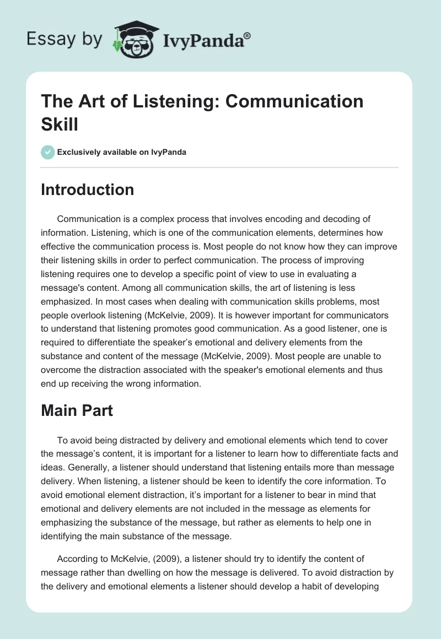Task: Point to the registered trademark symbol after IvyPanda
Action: [x=248, y=35]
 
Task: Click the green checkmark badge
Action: [x=48, y=152]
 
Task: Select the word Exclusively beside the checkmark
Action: [x=81, y=152]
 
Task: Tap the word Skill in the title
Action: [x=59, y=124]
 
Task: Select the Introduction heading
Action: [x=87, y=189]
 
